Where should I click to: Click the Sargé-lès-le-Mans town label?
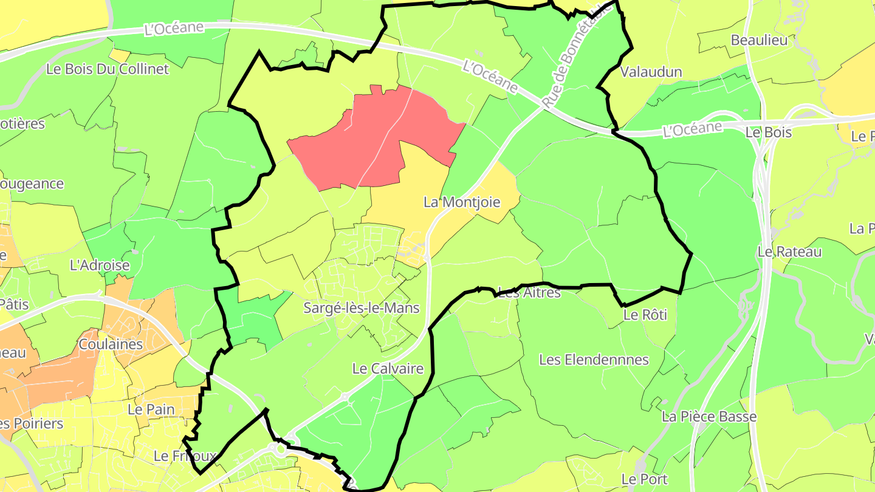[x=362, y=308]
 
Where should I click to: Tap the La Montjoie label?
[x=462, y=202]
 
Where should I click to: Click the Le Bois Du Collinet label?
[x=108, y=69]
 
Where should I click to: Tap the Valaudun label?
[x=651, y=72]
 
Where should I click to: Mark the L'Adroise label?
[x=100, y=265]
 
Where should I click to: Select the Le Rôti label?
[x=645, y=315]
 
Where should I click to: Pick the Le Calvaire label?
[x=388, y=369]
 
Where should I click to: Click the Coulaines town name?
[x=111, y=344]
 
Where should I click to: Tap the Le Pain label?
[x=151, y=409]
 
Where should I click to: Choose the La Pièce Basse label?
[x=709, y=417]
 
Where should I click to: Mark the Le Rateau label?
[x=789, y=251]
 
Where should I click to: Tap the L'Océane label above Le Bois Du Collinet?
[x=173, y=29]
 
